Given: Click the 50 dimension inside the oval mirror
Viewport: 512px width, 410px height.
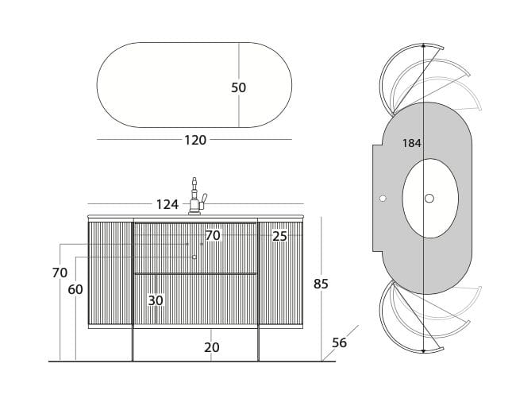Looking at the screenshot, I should [239, 87].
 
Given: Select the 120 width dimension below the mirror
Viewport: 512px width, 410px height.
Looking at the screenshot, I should [195, 140].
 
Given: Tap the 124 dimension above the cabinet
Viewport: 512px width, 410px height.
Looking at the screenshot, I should [167, 204].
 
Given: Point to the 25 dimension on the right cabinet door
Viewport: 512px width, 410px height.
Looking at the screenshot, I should [279, 236].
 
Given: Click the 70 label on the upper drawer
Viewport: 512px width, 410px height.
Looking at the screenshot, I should [213, 235].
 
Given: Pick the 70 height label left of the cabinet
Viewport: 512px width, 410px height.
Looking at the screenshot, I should [60, 273].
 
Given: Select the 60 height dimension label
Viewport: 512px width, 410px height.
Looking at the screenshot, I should [75, 290].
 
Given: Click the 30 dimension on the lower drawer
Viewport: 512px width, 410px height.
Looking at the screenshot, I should [156, 300].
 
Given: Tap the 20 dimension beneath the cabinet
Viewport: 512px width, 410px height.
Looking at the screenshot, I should [211, 347].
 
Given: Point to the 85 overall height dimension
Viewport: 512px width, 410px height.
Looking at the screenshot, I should [321, 284].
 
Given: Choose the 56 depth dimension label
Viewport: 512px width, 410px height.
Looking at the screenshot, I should [340, 342].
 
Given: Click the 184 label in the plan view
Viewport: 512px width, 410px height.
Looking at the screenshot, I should [411, 143].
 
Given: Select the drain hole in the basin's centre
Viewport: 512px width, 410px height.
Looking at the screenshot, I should [429, 198].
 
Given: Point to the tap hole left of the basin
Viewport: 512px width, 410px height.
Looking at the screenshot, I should [383, 198].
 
